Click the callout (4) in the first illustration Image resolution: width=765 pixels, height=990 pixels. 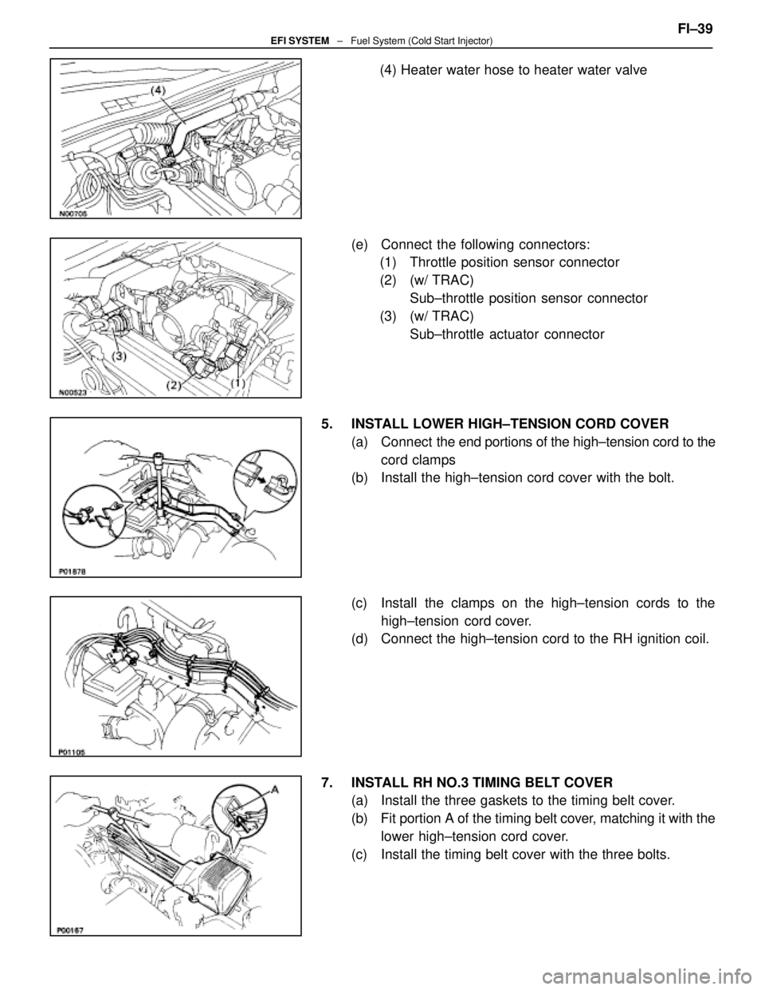click(x=157, y=91)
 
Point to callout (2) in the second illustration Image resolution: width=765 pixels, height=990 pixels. click(x=174, y=386)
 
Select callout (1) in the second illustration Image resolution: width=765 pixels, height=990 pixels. click(x=237, y=383)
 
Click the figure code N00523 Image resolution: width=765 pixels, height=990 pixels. click(x=73, y=392)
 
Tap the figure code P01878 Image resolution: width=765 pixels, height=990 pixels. click(x=73, y=572)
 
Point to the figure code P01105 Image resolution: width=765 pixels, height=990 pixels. click(x=73, y=752)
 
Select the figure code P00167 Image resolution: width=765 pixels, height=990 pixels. click(x=73, y=931)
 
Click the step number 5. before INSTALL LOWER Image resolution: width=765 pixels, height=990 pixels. click(x=327, y=424)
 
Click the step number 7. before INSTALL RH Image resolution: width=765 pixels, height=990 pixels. click(x=327, y=783)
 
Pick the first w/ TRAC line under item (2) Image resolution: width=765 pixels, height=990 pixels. click(x=438, y=281)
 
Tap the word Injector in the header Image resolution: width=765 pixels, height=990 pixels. click(x=475, y=41)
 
